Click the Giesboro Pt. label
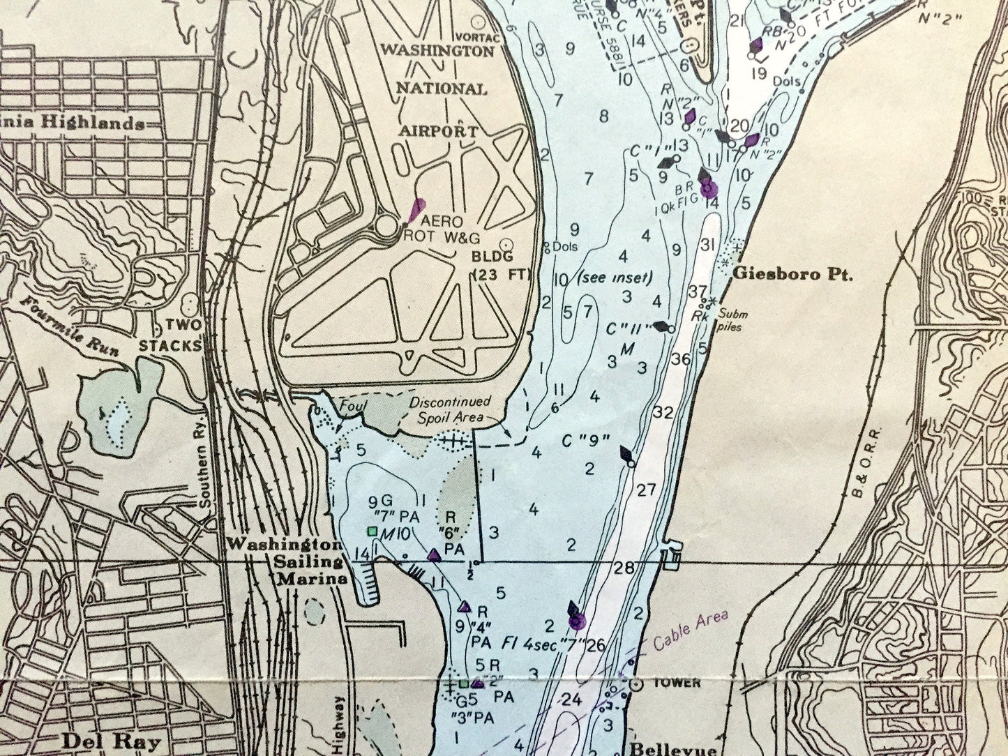coord(792,275)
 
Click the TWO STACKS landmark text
coord(172,335)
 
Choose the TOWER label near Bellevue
coord(676,683)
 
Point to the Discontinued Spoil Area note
coord(450,410)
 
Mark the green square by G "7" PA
coord(373,531)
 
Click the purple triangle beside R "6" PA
coord(433,555)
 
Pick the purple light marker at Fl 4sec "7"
coord(576,620)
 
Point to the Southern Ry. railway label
coord(203,485)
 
